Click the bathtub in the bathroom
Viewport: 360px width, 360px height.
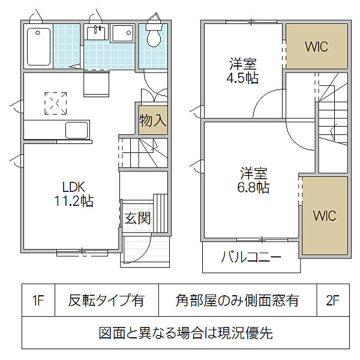click(x=38, y=47)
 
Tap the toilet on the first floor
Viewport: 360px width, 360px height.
click(x=154, y=36)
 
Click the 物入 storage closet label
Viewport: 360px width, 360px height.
click(x=152, y=119)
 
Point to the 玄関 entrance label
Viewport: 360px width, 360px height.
click(x=137, y=218)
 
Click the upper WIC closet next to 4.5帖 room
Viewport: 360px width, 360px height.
click(x=316, y=47)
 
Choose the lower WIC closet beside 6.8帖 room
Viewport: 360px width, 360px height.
click(x=324, y=215)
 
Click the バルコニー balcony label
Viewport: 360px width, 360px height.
click(x=251, y=259)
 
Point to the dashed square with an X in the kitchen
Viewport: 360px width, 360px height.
click(x=56, y=103)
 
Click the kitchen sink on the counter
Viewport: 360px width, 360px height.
click(x=77, y=130)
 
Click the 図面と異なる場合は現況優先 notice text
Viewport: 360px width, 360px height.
click(x=185, y=332)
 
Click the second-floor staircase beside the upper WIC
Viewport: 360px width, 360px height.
click(x=331, y=120)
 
